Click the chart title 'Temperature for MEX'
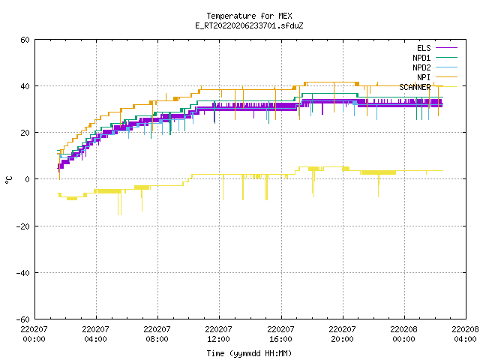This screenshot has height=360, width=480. [x=249, y=16]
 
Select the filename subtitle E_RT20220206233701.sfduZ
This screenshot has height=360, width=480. [x=249, y=25]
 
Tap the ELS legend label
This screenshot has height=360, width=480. [x=424, y=48]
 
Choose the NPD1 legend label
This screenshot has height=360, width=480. [x=421, y=58]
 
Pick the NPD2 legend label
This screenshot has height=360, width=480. [x=421, y=67]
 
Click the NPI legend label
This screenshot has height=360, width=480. [x=424, y=77]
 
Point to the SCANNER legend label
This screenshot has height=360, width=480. [x=415, y=87]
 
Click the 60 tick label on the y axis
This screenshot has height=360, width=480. [x=25, y=40]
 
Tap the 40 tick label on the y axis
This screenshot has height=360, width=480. [x=25, y=86]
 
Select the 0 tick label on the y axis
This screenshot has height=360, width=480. [x=27, y=179]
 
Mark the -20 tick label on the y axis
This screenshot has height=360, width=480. [x=23, y=226]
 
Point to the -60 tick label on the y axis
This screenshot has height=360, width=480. [x=23, y=319]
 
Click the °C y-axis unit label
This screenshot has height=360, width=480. [x=8, y=180]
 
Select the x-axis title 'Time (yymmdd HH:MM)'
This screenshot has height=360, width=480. [x=249, y=353]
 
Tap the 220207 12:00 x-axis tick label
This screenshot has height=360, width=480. [x=218, y=334]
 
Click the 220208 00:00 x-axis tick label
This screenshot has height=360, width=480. [x=403, y=334]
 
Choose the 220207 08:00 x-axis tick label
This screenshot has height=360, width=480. [x=157, y=334]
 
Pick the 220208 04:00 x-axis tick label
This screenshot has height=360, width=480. [x=465, y=334]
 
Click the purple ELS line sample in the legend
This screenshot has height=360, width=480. [x=446, y=48]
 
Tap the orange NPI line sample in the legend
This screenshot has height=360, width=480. [x=446, y=76]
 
